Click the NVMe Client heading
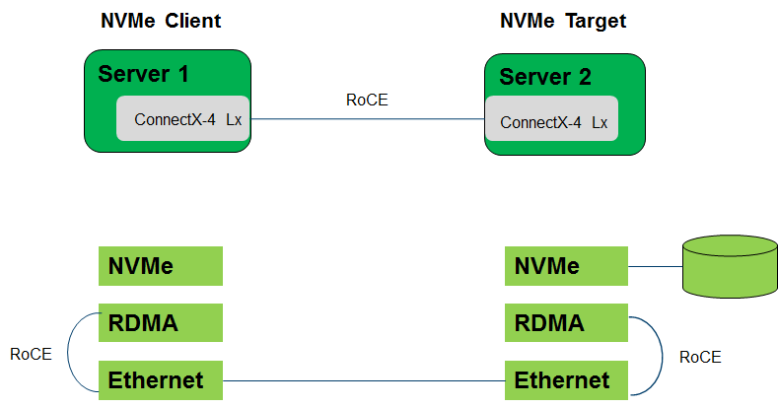[x=161, y=21]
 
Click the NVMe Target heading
[x=563, y=21]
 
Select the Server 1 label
[x=143, y=73]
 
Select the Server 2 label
[x=544, y=77]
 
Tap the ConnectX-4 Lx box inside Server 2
[x=552, y=121]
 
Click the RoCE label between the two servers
[x=366, y=99]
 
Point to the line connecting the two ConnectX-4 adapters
[x=366, y=120]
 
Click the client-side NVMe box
[x=160, y=266]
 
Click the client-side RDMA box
[x=160, y=322]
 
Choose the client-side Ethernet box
[x=160, y=379]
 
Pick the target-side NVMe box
[x=566, y=266]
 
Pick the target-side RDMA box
[x=566, y=322]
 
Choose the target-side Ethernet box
[x=566, y=379]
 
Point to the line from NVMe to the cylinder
[x=655, y=266]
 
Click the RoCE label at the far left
[x=31, y=354]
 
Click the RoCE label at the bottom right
[x=700, y=357]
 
